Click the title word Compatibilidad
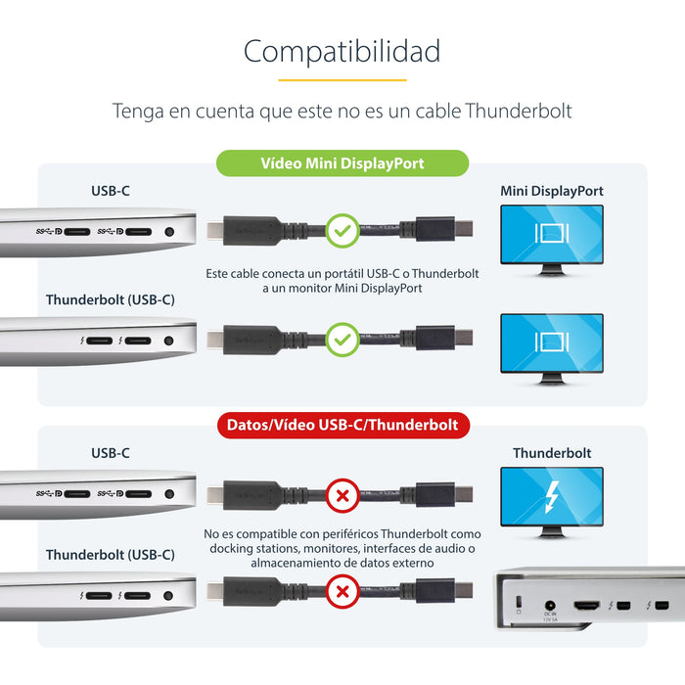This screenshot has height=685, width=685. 342,51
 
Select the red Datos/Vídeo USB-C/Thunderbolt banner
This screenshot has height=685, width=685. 342,425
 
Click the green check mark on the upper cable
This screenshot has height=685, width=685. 342,231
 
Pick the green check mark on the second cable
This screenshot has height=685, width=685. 342,341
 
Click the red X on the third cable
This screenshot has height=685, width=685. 342,495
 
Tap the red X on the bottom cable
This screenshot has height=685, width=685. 342,591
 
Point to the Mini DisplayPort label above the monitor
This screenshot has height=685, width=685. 552,191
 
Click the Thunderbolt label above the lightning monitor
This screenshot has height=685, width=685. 552,453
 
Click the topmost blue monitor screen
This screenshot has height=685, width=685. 552,234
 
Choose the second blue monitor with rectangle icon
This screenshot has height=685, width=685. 552,342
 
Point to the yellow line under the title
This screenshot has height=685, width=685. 342,80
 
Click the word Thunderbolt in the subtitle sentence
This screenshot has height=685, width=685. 519,111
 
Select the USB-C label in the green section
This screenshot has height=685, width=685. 110,191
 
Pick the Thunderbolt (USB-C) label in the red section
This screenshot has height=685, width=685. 110,555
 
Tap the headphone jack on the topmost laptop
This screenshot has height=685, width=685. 170,232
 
